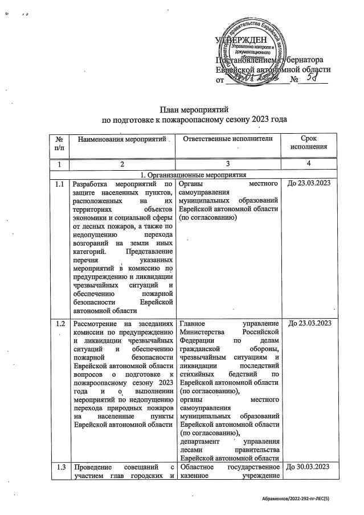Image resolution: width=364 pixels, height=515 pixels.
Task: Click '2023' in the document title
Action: (253, 120)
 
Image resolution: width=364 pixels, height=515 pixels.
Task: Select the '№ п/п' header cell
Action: (59, 143)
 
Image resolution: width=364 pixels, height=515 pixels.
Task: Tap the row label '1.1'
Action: (59, 184)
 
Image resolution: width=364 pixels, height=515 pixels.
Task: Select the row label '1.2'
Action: (59, 323)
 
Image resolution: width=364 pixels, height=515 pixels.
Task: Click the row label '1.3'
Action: (59, 468)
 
